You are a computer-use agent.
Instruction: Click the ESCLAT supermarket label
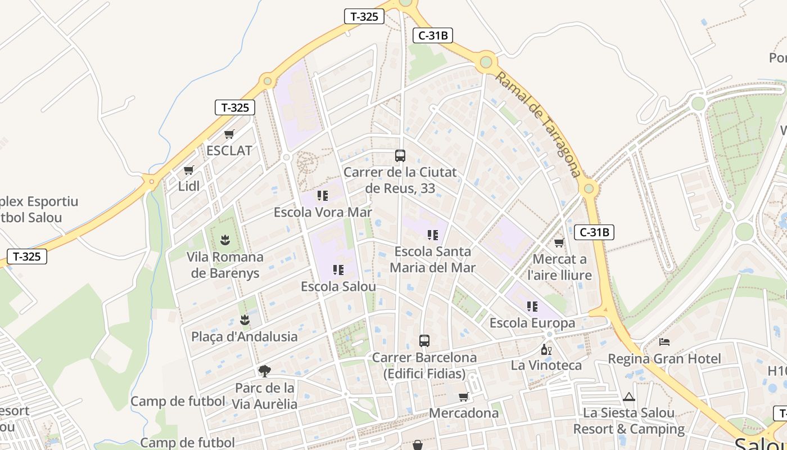point(229,151)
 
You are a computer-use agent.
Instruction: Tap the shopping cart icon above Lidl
point(189,170)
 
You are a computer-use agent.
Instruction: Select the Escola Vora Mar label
point(323,213)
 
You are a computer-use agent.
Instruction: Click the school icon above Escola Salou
point(338,270)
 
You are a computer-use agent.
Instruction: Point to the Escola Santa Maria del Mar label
point(433,259)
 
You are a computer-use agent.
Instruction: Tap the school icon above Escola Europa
point(532,307)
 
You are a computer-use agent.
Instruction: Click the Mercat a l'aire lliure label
point(559,267)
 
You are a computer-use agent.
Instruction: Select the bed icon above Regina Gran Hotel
point(664,341)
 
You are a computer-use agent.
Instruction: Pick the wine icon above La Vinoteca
point(546,349)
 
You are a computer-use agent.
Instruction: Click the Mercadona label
point(464,413)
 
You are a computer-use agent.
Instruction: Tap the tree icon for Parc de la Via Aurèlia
point(265,371)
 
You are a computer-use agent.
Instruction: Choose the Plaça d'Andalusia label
point(245,337)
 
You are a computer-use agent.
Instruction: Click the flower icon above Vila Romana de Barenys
point(225,240)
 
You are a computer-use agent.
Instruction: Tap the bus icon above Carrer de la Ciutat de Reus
point(400,156)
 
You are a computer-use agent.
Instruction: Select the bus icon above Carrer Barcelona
point(424,341)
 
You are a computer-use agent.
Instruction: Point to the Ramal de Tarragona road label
point(538,124)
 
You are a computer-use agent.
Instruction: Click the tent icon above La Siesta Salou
point(628,397)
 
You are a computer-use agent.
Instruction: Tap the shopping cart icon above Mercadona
point(464,397)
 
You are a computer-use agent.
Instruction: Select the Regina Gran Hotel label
point(664,359)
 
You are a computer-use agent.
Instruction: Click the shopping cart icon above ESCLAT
point(229,134)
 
